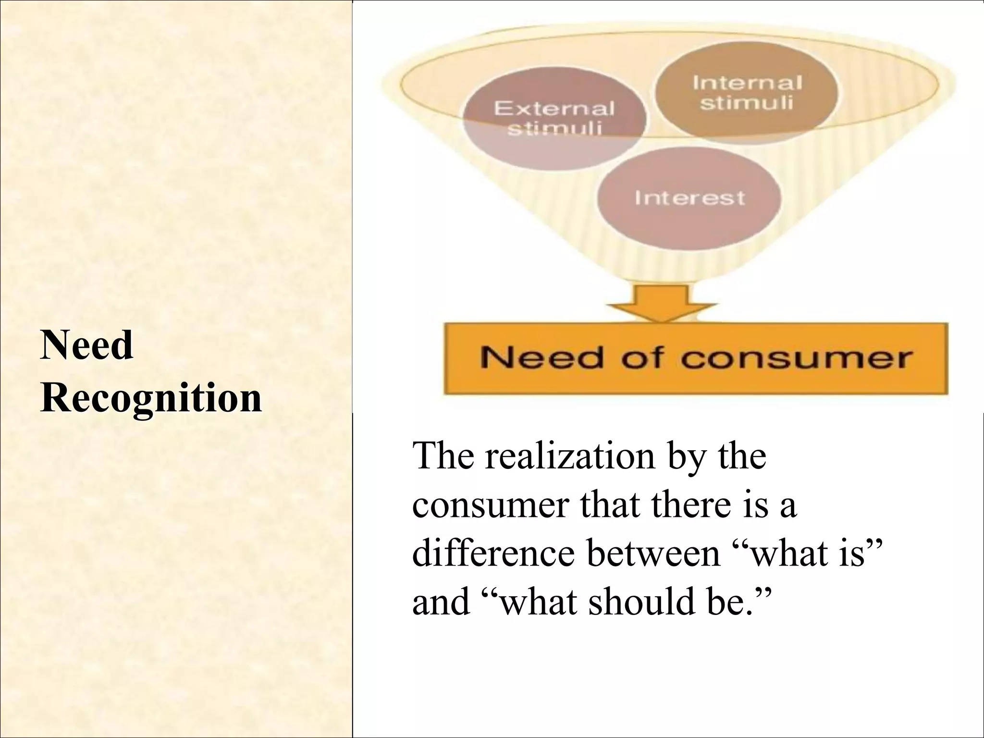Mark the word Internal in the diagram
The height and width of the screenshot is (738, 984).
point(747,83)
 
